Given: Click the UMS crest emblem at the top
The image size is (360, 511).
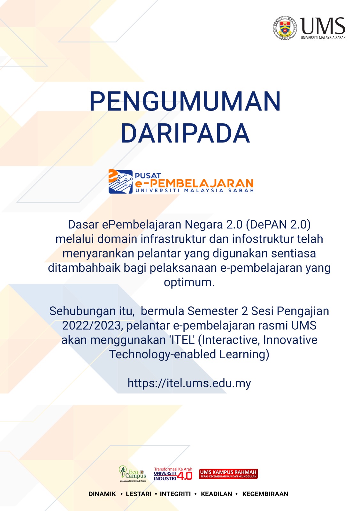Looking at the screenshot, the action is (285, 28).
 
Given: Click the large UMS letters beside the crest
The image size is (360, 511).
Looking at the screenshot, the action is (323, 26).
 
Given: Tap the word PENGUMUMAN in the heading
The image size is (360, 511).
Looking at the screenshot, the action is (185, 101).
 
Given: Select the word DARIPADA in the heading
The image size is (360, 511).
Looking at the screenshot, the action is (185, 133).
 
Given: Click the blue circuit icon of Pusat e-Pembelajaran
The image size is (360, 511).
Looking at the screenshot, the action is (120, 182).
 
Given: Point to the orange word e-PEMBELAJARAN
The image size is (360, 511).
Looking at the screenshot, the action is (194, 183).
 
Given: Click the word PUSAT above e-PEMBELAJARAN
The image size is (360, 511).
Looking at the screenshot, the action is (148, 176).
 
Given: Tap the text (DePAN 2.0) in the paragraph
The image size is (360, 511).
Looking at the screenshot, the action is (278, 225).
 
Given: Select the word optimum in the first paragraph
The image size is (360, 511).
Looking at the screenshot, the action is (189, 283).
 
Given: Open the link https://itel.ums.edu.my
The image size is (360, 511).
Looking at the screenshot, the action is (189, 383).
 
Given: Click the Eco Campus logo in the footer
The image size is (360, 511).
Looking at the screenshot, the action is (132, 474).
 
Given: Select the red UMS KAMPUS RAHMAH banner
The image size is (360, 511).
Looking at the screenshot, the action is (228, 474).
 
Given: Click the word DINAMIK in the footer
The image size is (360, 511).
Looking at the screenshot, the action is (102, 494).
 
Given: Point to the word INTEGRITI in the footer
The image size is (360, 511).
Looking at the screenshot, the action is (175, 494).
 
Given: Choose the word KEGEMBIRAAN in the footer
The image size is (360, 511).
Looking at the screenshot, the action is (265, 494).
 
